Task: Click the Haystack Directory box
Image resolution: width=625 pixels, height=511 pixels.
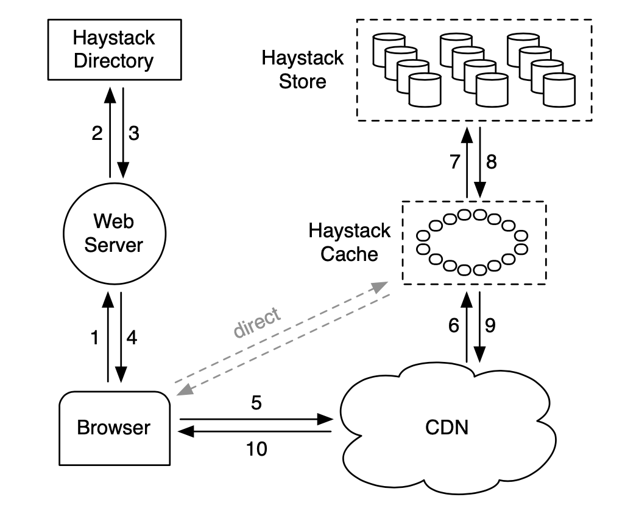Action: [x=113, y=49]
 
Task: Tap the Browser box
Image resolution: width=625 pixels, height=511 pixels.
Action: [x=113, y=427]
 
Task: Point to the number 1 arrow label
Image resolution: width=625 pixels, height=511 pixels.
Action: [x=94, y=338]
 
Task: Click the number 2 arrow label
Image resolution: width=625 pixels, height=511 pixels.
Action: [x=97, y=134]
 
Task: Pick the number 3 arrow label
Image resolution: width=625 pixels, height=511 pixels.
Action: [x=133, y=134]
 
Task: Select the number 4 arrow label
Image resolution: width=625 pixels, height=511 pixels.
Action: [x=132, y=338]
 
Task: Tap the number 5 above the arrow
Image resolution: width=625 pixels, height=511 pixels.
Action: [x=256, y=403]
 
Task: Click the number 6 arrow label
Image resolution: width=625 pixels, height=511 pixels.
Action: [x=453, y=326]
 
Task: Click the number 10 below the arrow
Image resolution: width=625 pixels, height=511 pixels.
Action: [x=256, y=449]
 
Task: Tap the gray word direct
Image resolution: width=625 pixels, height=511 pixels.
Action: [x=258, y=322]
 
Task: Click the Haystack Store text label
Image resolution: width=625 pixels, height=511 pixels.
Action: [x=303, y=69]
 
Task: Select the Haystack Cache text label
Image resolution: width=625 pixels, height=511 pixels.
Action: [x=349, y=242]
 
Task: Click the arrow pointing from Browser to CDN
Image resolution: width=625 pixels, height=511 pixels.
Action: [x=256, y=419]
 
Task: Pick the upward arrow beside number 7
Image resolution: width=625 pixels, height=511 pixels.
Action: [x=467, y=162]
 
